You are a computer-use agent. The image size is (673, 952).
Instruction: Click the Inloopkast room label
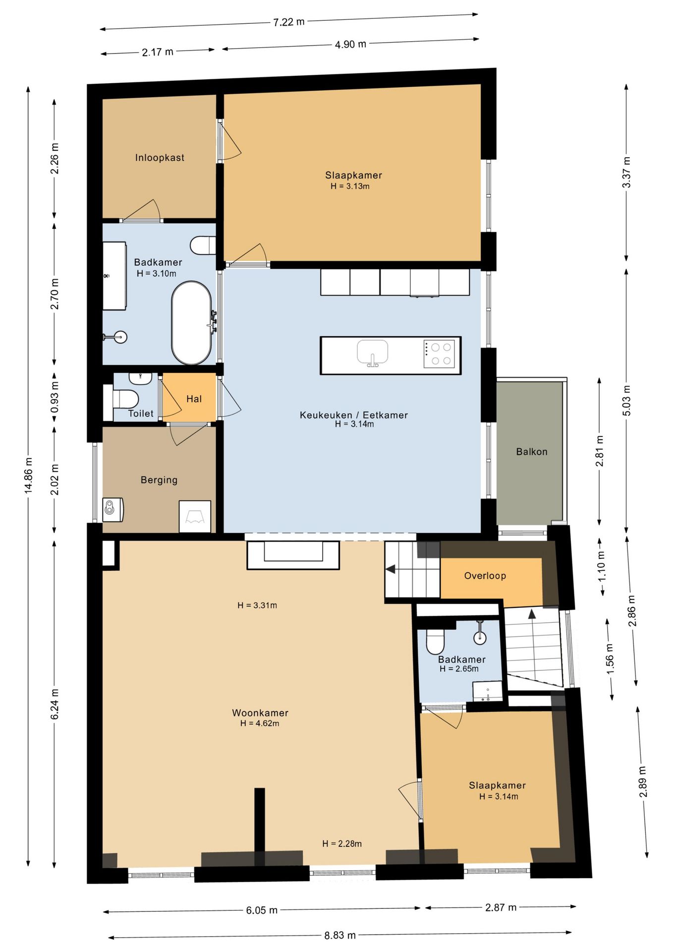pyautogui.click(x=160, y=158)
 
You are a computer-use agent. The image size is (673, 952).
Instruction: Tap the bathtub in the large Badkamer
pyautogui.click(x=191, y=323)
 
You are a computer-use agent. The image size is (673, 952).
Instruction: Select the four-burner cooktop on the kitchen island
pyautogui.click(x=439, y=354)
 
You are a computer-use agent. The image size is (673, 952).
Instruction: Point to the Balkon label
pyautogui.click(x=532, y=452)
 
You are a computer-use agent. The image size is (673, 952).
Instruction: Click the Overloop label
pyautogui.click(x=485, y=576)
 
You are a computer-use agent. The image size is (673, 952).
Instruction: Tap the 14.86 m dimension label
pyautogui.click(x=28, y=475)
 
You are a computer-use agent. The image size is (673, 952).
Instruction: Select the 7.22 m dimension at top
pyautogui.click(x=289, y=22)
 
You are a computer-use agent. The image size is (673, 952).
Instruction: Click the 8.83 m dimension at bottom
pyautogui.click(x=340, y=936)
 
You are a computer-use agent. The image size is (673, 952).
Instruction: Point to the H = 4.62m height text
pyautogui.click(x=260, y=723)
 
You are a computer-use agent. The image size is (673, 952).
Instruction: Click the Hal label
pyautogui.click(x=194, y=399)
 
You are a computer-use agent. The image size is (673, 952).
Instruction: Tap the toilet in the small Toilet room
pyautogui.click(x=125, y=399)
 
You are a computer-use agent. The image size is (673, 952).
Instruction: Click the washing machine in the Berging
pyautogui.click(x=113, y=510)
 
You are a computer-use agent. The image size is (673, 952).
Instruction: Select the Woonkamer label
pyautogui.click(x=260, y=713)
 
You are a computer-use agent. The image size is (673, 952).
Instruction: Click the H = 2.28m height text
pyautogui.click(x=342, y=844)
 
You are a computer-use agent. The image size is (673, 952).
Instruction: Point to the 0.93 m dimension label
pyautogui.click(x=55, y=397)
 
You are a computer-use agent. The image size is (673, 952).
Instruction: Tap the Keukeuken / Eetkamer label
pyautogui.click(x=354, y=415)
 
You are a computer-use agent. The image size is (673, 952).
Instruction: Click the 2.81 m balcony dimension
pyautogui.click(x=600, y=451)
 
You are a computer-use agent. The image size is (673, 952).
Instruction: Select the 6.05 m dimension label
pyautogui.click(x=262, y=910)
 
